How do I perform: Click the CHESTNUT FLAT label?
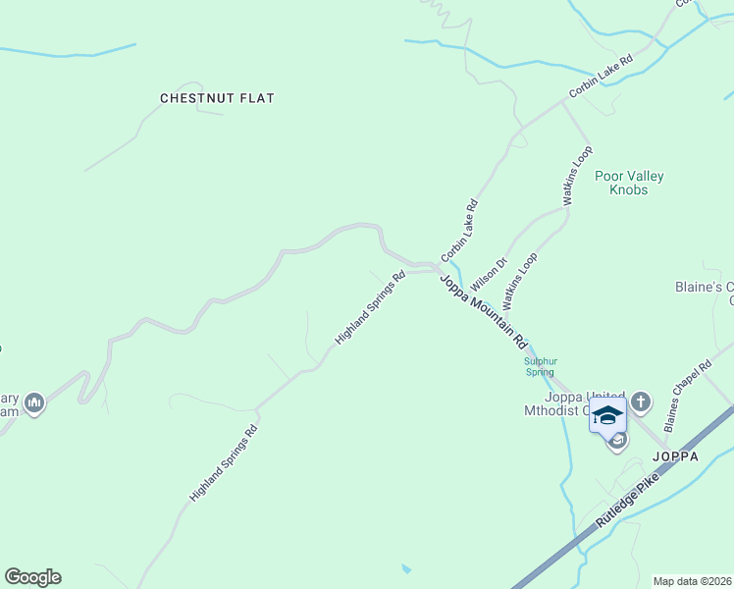click(217, 98)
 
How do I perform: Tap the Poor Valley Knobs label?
click(629, 183)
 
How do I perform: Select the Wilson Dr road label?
click(489, 274)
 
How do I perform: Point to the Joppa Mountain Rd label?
click(483, 311)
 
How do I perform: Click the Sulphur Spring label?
click(539, 366)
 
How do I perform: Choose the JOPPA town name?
click(676, 457)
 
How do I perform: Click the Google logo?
click(32, 577)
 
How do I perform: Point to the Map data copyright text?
click(692, 581)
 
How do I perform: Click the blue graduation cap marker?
click(607, 413)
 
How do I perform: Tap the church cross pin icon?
click(641, 402)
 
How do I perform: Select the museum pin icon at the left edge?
click(34, 402)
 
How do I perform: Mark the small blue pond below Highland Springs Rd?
click(406, 568)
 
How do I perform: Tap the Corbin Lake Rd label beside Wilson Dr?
click(459, 231)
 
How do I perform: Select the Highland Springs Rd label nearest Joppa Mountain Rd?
click(370, 307)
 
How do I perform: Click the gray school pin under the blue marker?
click(617, 442)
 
